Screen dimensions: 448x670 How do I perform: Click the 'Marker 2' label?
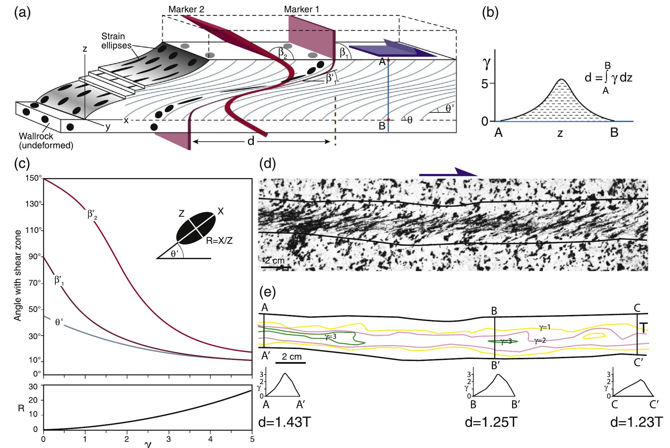click(186, 9)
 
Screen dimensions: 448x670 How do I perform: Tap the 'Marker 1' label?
click(301, 9)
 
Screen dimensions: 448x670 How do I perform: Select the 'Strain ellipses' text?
click(113, 41)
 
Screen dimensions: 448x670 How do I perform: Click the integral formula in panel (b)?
click(608, 78)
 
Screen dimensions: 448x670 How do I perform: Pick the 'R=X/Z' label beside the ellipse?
click(219, 241)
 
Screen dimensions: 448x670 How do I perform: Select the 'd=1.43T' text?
click(284, 423)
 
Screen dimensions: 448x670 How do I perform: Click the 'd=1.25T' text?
click(490, 423)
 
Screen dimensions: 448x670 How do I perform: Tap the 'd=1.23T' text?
click(636, 423)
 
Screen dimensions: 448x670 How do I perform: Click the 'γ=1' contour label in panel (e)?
click(544, 327)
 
